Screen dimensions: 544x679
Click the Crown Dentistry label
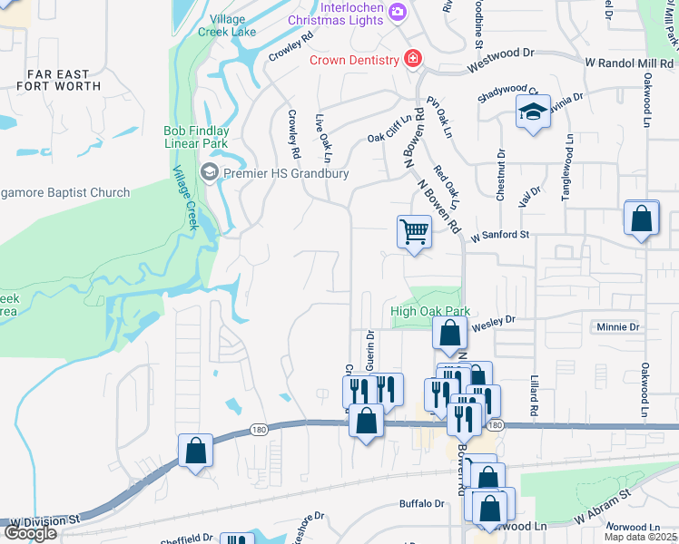(354, 60)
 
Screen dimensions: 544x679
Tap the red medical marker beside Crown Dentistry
(413, 59)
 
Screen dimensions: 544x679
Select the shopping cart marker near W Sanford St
(414, 232)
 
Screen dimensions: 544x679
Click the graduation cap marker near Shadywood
(532, 113)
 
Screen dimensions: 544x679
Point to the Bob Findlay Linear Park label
(196, 137)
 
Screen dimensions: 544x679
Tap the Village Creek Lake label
(227, 24)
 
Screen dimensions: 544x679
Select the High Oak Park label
(429, 311)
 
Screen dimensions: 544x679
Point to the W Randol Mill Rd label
(630, 62)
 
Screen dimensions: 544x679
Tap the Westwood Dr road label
(501, 66)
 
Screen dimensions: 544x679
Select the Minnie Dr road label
(617, 326)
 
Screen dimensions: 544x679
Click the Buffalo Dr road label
(422, 503)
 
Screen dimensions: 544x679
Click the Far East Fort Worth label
(58, 80)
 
